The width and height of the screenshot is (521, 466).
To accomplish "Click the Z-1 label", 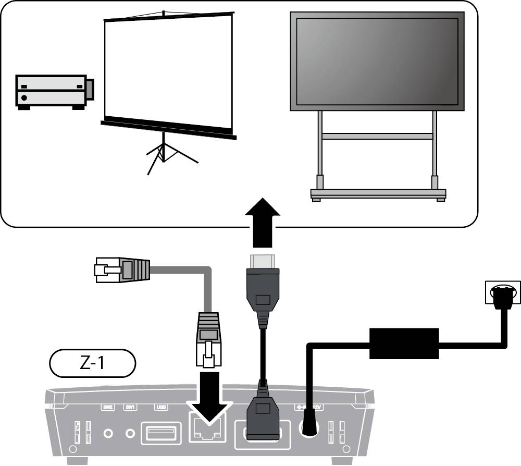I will (92, 363).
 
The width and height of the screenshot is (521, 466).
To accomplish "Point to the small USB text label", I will (160, 408).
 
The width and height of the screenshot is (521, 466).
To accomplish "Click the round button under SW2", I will (108, 433).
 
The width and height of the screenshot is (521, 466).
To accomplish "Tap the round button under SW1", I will (131, 433).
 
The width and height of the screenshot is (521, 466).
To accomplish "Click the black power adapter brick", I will (403, 344).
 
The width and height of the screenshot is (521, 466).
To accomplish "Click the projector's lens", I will (90, 89).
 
